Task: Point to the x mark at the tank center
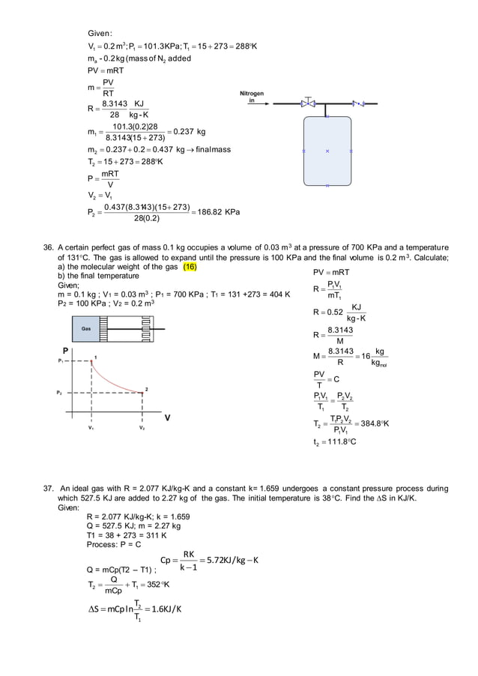pos(327,151)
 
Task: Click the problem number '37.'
pos(47,488)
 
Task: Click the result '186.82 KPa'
pos(217,212)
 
